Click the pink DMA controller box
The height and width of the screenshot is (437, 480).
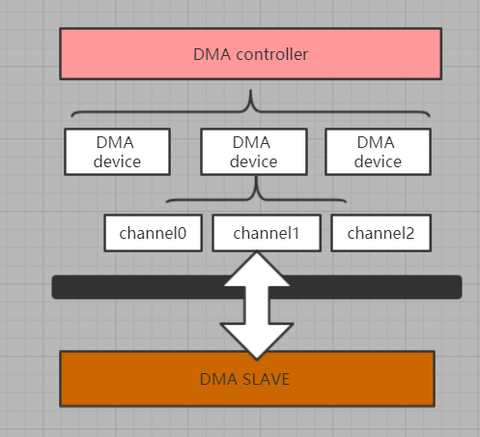point(250,54)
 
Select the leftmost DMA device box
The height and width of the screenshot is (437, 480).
point(117,152)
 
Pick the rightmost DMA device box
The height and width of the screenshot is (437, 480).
point(378,152)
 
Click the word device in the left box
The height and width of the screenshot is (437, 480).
point(117,161)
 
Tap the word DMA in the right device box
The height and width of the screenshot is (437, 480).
point(378,142)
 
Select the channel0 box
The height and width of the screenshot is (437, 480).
point(154,233)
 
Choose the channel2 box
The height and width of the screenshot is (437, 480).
point(381,233)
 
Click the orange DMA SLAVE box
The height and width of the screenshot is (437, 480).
point(247,378)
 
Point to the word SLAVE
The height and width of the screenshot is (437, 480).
point(268,378)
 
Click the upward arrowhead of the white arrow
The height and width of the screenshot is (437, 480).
point(257,267)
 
